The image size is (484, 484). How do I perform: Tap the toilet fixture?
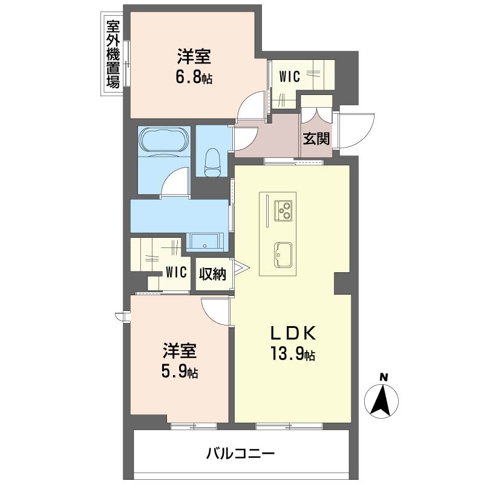214,159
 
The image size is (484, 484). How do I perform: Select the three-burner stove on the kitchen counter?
283,211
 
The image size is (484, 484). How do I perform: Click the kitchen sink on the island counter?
283,255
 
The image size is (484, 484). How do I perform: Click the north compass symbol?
381,397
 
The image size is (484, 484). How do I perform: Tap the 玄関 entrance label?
316,139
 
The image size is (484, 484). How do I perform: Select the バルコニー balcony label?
240,453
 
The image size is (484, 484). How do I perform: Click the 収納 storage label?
212,274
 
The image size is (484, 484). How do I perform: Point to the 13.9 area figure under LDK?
289,354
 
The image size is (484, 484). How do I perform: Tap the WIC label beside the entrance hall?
289,77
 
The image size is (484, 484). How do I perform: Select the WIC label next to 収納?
176,272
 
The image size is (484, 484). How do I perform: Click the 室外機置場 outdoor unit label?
113,54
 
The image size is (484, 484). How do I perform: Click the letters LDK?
293,333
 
